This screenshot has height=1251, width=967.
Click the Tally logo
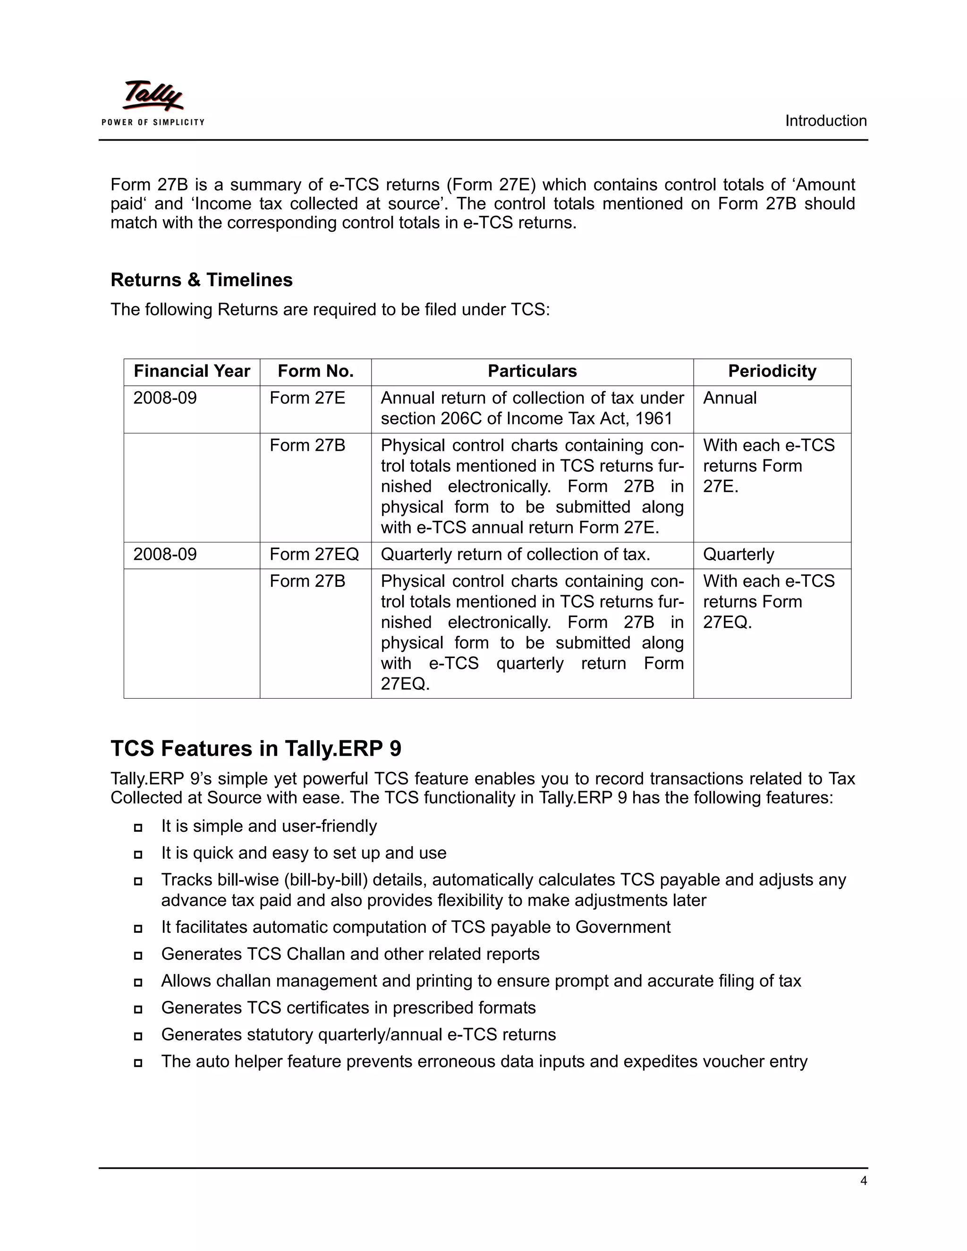pos(153,96)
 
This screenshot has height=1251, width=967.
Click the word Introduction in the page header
pos(825,121)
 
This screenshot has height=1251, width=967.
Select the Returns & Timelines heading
pos(201,279)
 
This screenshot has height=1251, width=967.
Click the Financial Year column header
pos(192,371)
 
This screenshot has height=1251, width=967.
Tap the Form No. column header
pos(316,371)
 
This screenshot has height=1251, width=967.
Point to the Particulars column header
pos(532,371)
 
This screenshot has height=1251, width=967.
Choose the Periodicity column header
pos(772,371)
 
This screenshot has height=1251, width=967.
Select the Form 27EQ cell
pos(314,555)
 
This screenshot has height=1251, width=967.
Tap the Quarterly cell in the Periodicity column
pos(738,555)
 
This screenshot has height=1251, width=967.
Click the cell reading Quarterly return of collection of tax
pos(515,555)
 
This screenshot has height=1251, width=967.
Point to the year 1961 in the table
pos(653,419)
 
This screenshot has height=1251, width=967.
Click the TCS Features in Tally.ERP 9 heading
pos(255,749)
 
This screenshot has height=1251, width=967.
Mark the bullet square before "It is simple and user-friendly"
pos(138,828)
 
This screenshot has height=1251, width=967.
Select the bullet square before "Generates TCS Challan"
pos(138,955)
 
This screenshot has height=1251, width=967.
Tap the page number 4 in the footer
pos(863,1181)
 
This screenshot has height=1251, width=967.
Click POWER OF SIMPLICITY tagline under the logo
pos(153,122)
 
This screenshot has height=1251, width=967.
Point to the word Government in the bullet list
pos(623,927)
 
